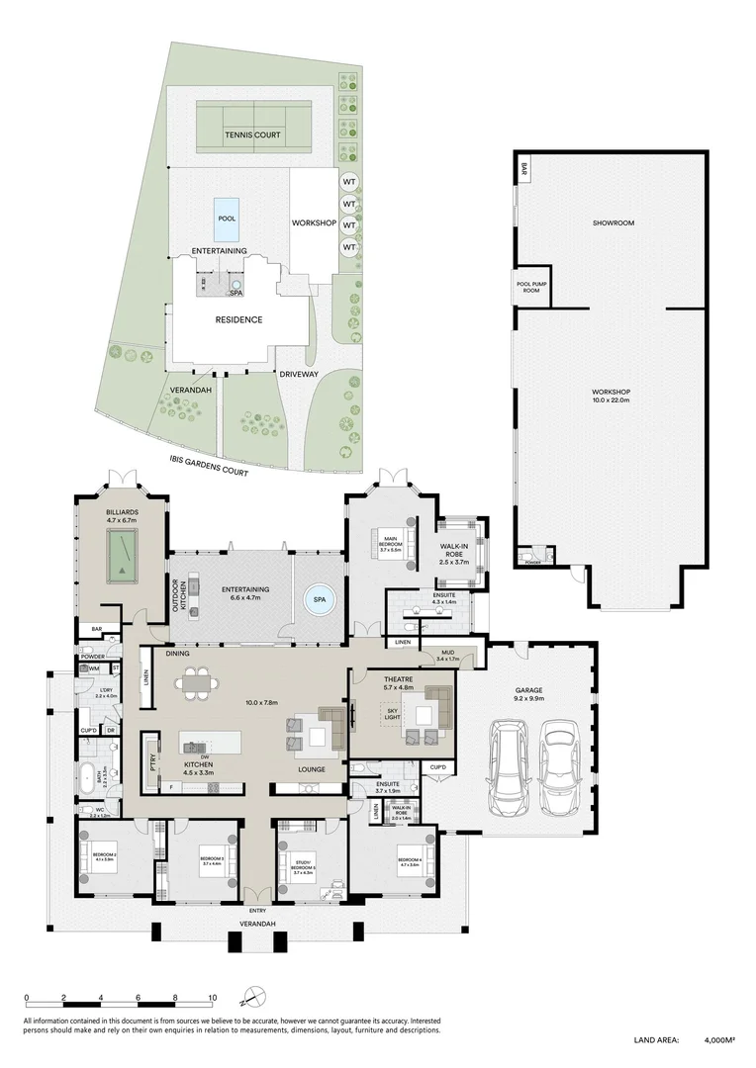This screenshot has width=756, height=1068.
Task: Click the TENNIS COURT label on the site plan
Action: click(x=252, y=135)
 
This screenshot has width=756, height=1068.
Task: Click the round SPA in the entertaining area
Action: click(x=320, y=598)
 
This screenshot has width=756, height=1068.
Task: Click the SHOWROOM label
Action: click(x=613, y=223)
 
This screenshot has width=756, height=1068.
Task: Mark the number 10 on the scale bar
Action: click(x=212, y=998)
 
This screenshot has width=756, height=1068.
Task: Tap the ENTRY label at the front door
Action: click(x=258, y=910)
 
